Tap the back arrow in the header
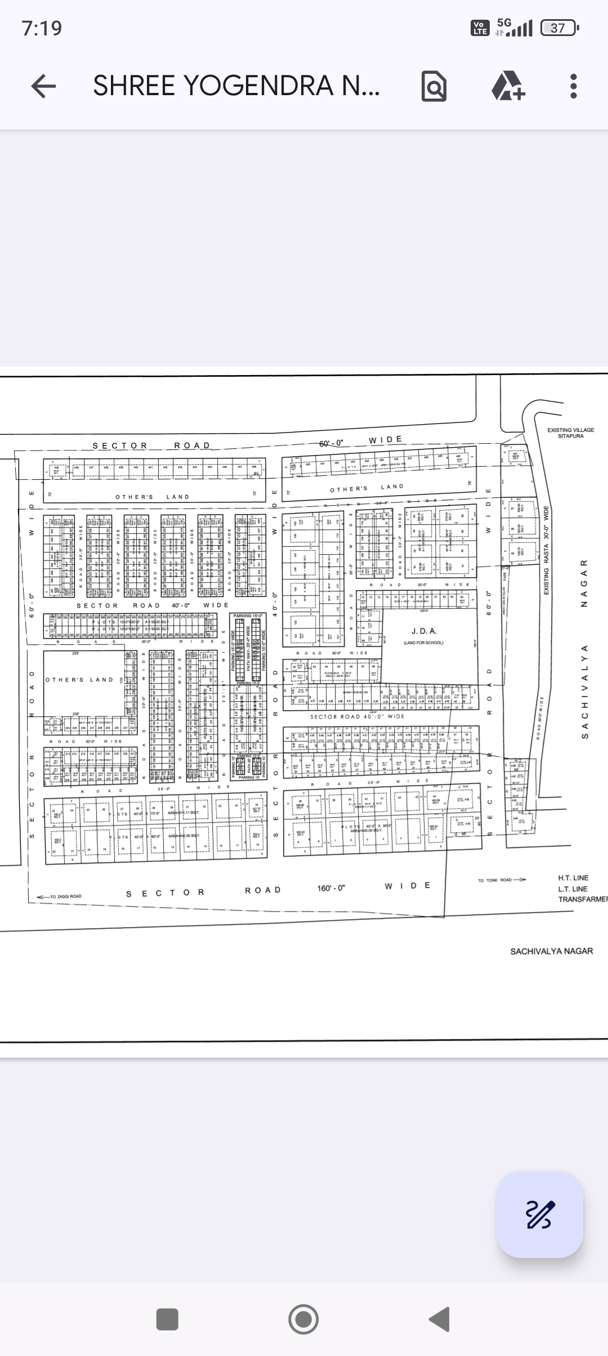click(43, 86)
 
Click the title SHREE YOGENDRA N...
click(236, 86)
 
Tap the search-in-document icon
click(433, 87)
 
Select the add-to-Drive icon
click(508, 87)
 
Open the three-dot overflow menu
click(574, 86)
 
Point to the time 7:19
click(42, 28)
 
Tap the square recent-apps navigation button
click(167, 1319)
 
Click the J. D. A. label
click(423, 631)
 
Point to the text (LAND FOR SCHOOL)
click(423, 643)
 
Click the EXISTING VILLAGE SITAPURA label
click(570, 432)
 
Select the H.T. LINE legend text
click(573, 878)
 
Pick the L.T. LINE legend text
click(573, 889)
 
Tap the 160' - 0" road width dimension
click(331, 888)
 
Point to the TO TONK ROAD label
click(495, 880)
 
